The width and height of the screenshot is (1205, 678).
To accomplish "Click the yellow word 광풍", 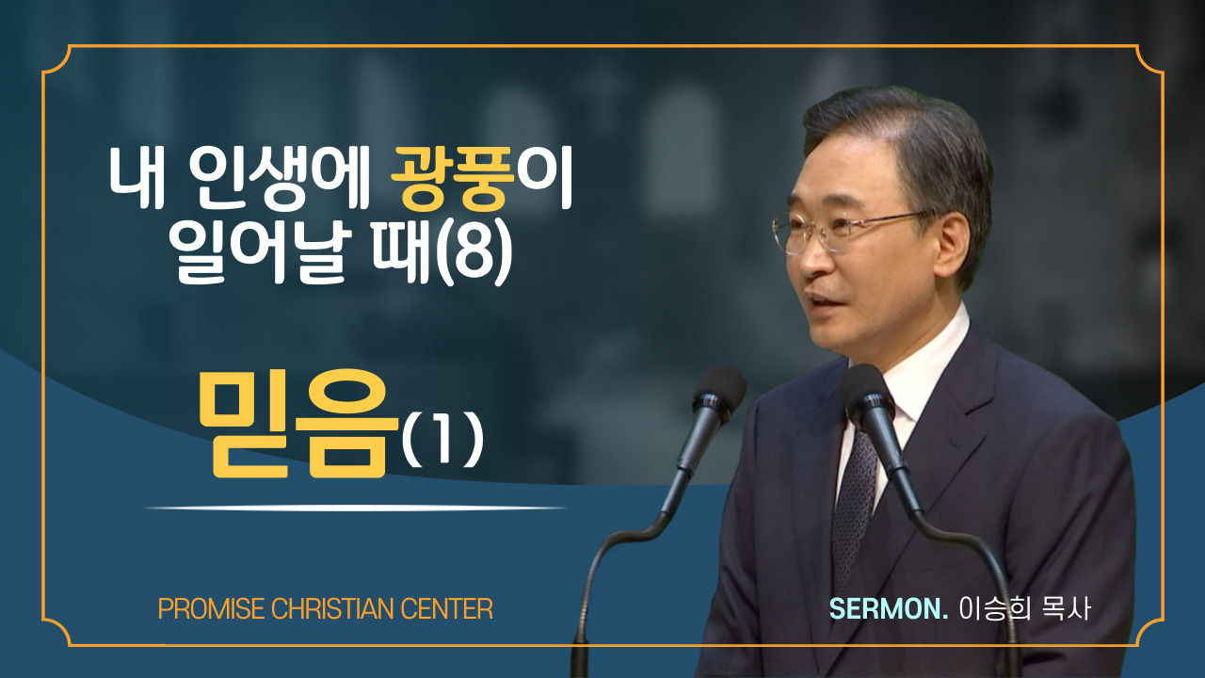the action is [453, 179].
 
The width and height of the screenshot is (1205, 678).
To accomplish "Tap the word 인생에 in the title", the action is [279, 179].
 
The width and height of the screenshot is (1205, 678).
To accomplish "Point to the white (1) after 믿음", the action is [442, 440].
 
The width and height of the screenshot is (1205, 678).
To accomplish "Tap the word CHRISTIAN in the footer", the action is [332, 609].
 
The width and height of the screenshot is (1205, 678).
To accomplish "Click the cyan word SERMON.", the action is [889, 609].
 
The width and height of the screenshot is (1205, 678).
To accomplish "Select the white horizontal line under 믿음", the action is [356, 508].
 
